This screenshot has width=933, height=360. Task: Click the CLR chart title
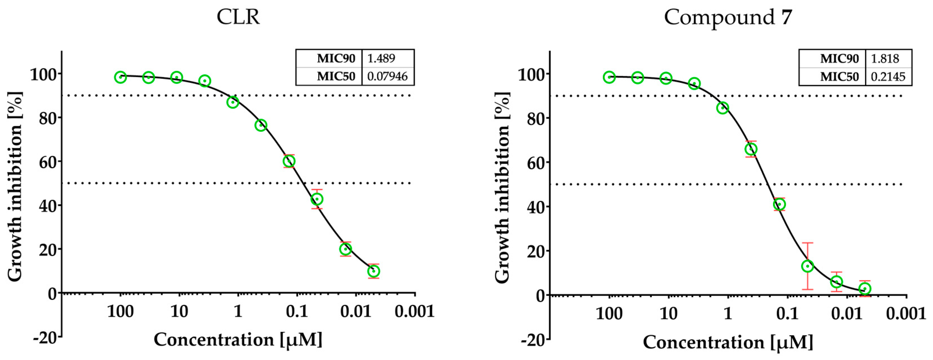click(238, 17)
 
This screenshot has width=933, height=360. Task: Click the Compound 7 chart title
click(728, 17)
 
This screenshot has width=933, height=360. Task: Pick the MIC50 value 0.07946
click(387, 76)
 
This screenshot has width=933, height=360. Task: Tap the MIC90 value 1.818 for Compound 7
click(884, 59)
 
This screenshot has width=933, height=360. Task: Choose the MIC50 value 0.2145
click(888, 77)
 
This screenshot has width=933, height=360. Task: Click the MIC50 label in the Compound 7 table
click(839, 77)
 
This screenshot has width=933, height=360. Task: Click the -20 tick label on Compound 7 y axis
click(532, 340)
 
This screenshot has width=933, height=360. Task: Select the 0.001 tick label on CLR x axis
click(414, 311)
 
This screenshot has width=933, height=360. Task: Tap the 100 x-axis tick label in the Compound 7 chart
click(609, 314)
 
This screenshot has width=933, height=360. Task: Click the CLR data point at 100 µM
click(121, 77)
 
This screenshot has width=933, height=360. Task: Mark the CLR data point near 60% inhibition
click(289, 161)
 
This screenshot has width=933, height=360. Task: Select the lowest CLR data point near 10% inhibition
click(373, 271)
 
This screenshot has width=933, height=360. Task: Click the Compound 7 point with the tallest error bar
click(807, 266)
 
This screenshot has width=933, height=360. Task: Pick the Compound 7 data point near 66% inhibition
click(751, 149)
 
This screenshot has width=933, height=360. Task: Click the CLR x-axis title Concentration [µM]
click(238, 340)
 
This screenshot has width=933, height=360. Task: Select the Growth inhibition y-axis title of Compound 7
click(502, 188)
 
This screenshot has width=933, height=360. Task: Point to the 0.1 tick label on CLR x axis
click(297, 311)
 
